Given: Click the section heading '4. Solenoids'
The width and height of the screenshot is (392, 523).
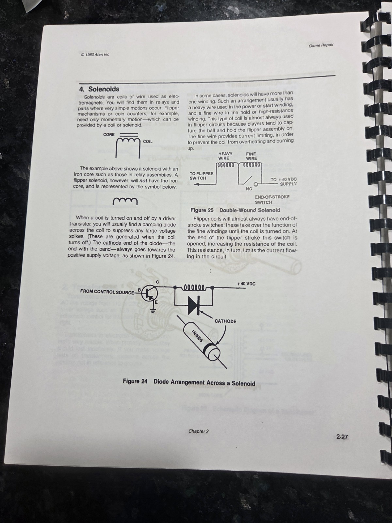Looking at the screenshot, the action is coord(99,89).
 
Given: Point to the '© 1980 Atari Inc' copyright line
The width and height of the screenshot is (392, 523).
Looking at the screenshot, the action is coord(95,54).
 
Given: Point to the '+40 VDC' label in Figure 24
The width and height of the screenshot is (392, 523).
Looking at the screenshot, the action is coord(246,284).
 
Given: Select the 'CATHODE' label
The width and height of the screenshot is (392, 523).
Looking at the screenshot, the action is coord(225,321).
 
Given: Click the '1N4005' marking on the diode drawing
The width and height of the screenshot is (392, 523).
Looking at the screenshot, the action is coord(197,336).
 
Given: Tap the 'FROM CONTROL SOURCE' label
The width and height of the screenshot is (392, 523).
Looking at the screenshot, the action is coord(107,292).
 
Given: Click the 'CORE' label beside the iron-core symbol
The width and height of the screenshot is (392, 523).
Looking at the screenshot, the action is coord(109,134).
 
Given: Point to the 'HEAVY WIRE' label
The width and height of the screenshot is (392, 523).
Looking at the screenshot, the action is coord(225,156).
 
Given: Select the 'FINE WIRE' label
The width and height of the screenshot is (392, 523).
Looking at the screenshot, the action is coord(251,156).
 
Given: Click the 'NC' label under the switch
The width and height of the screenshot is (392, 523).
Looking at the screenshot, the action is coord(249,189).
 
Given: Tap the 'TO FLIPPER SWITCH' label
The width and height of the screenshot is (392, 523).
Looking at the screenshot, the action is coord(201,176).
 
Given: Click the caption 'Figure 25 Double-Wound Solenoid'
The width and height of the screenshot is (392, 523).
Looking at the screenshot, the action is coord(235,210).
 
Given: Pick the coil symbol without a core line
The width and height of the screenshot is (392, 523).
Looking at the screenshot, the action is coord(125,201).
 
